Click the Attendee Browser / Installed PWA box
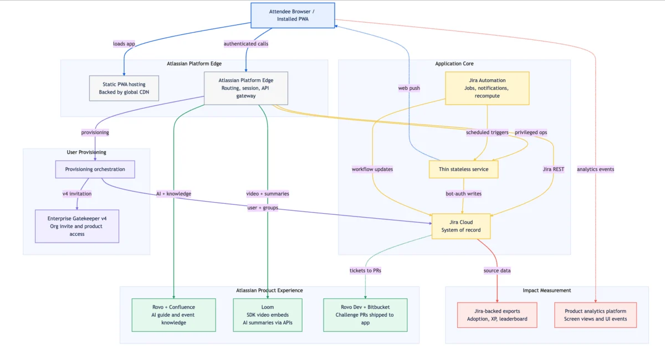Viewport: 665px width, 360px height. pyautogui.click(x=293, y=16)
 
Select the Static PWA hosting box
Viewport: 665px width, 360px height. pyautogui.click(x=124, y=88)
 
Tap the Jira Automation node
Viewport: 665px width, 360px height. pyautogui.click(x=487, y=88)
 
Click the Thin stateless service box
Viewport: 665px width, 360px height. pyautogui.click(x=463, y=169)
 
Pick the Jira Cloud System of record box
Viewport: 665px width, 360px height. pyautogui.click(x=461, y=226)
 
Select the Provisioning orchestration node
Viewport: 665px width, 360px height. pyautogui.click(x=95, y=169)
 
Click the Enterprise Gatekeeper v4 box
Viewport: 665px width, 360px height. pyautogui.click(x=77, y=226)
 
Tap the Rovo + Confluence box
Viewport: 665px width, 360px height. pyautogui.click(x=173, y=315)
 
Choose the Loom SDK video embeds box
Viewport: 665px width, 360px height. pyautogui.click(x=268, y=315)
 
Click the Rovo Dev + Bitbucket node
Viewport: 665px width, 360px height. pyautogui.click(x=365, y=315)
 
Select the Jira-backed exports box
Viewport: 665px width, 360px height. pyautogui.click(x=497, y=315)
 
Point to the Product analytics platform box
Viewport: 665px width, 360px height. pyautogui.click(x=595, y=315)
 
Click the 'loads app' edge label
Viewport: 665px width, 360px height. pyautogui.click(x=124, y=44)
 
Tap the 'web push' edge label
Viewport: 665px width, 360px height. pyautogui.click(x=409, y=88)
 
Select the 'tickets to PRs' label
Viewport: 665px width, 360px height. pyautogui.click(x=365, y=271)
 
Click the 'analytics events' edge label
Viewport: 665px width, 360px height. pyautogui.click(x=595, y=169)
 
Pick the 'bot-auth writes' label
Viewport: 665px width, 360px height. pyautogui.click(x=463, y=194)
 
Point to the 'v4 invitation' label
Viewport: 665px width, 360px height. pyautogui.click(x=77, y=194)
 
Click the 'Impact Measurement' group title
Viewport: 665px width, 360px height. pyautogui.click(x=546, y=290)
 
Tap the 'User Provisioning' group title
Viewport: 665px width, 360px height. pyautogui.click(x=86, y=152)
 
